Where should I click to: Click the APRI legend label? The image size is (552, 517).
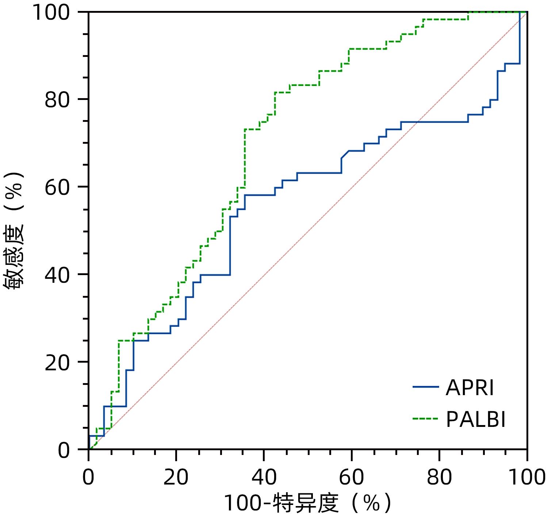pos(469,387)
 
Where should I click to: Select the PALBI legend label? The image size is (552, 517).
pos(476,420)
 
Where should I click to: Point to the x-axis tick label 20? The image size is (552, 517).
pos(176,477)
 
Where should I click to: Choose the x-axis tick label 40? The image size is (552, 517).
pos(264,477)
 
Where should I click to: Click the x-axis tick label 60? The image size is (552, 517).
pos(351,477)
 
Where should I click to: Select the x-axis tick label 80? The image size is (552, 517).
pos(439,477)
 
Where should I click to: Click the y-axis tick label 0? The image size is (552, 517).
pos(64,450)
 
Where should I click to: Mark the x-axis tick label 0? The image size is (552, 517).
pos(88,477)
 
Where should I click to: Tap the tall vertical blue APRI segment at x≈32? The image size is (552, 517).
pos(230,246)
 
